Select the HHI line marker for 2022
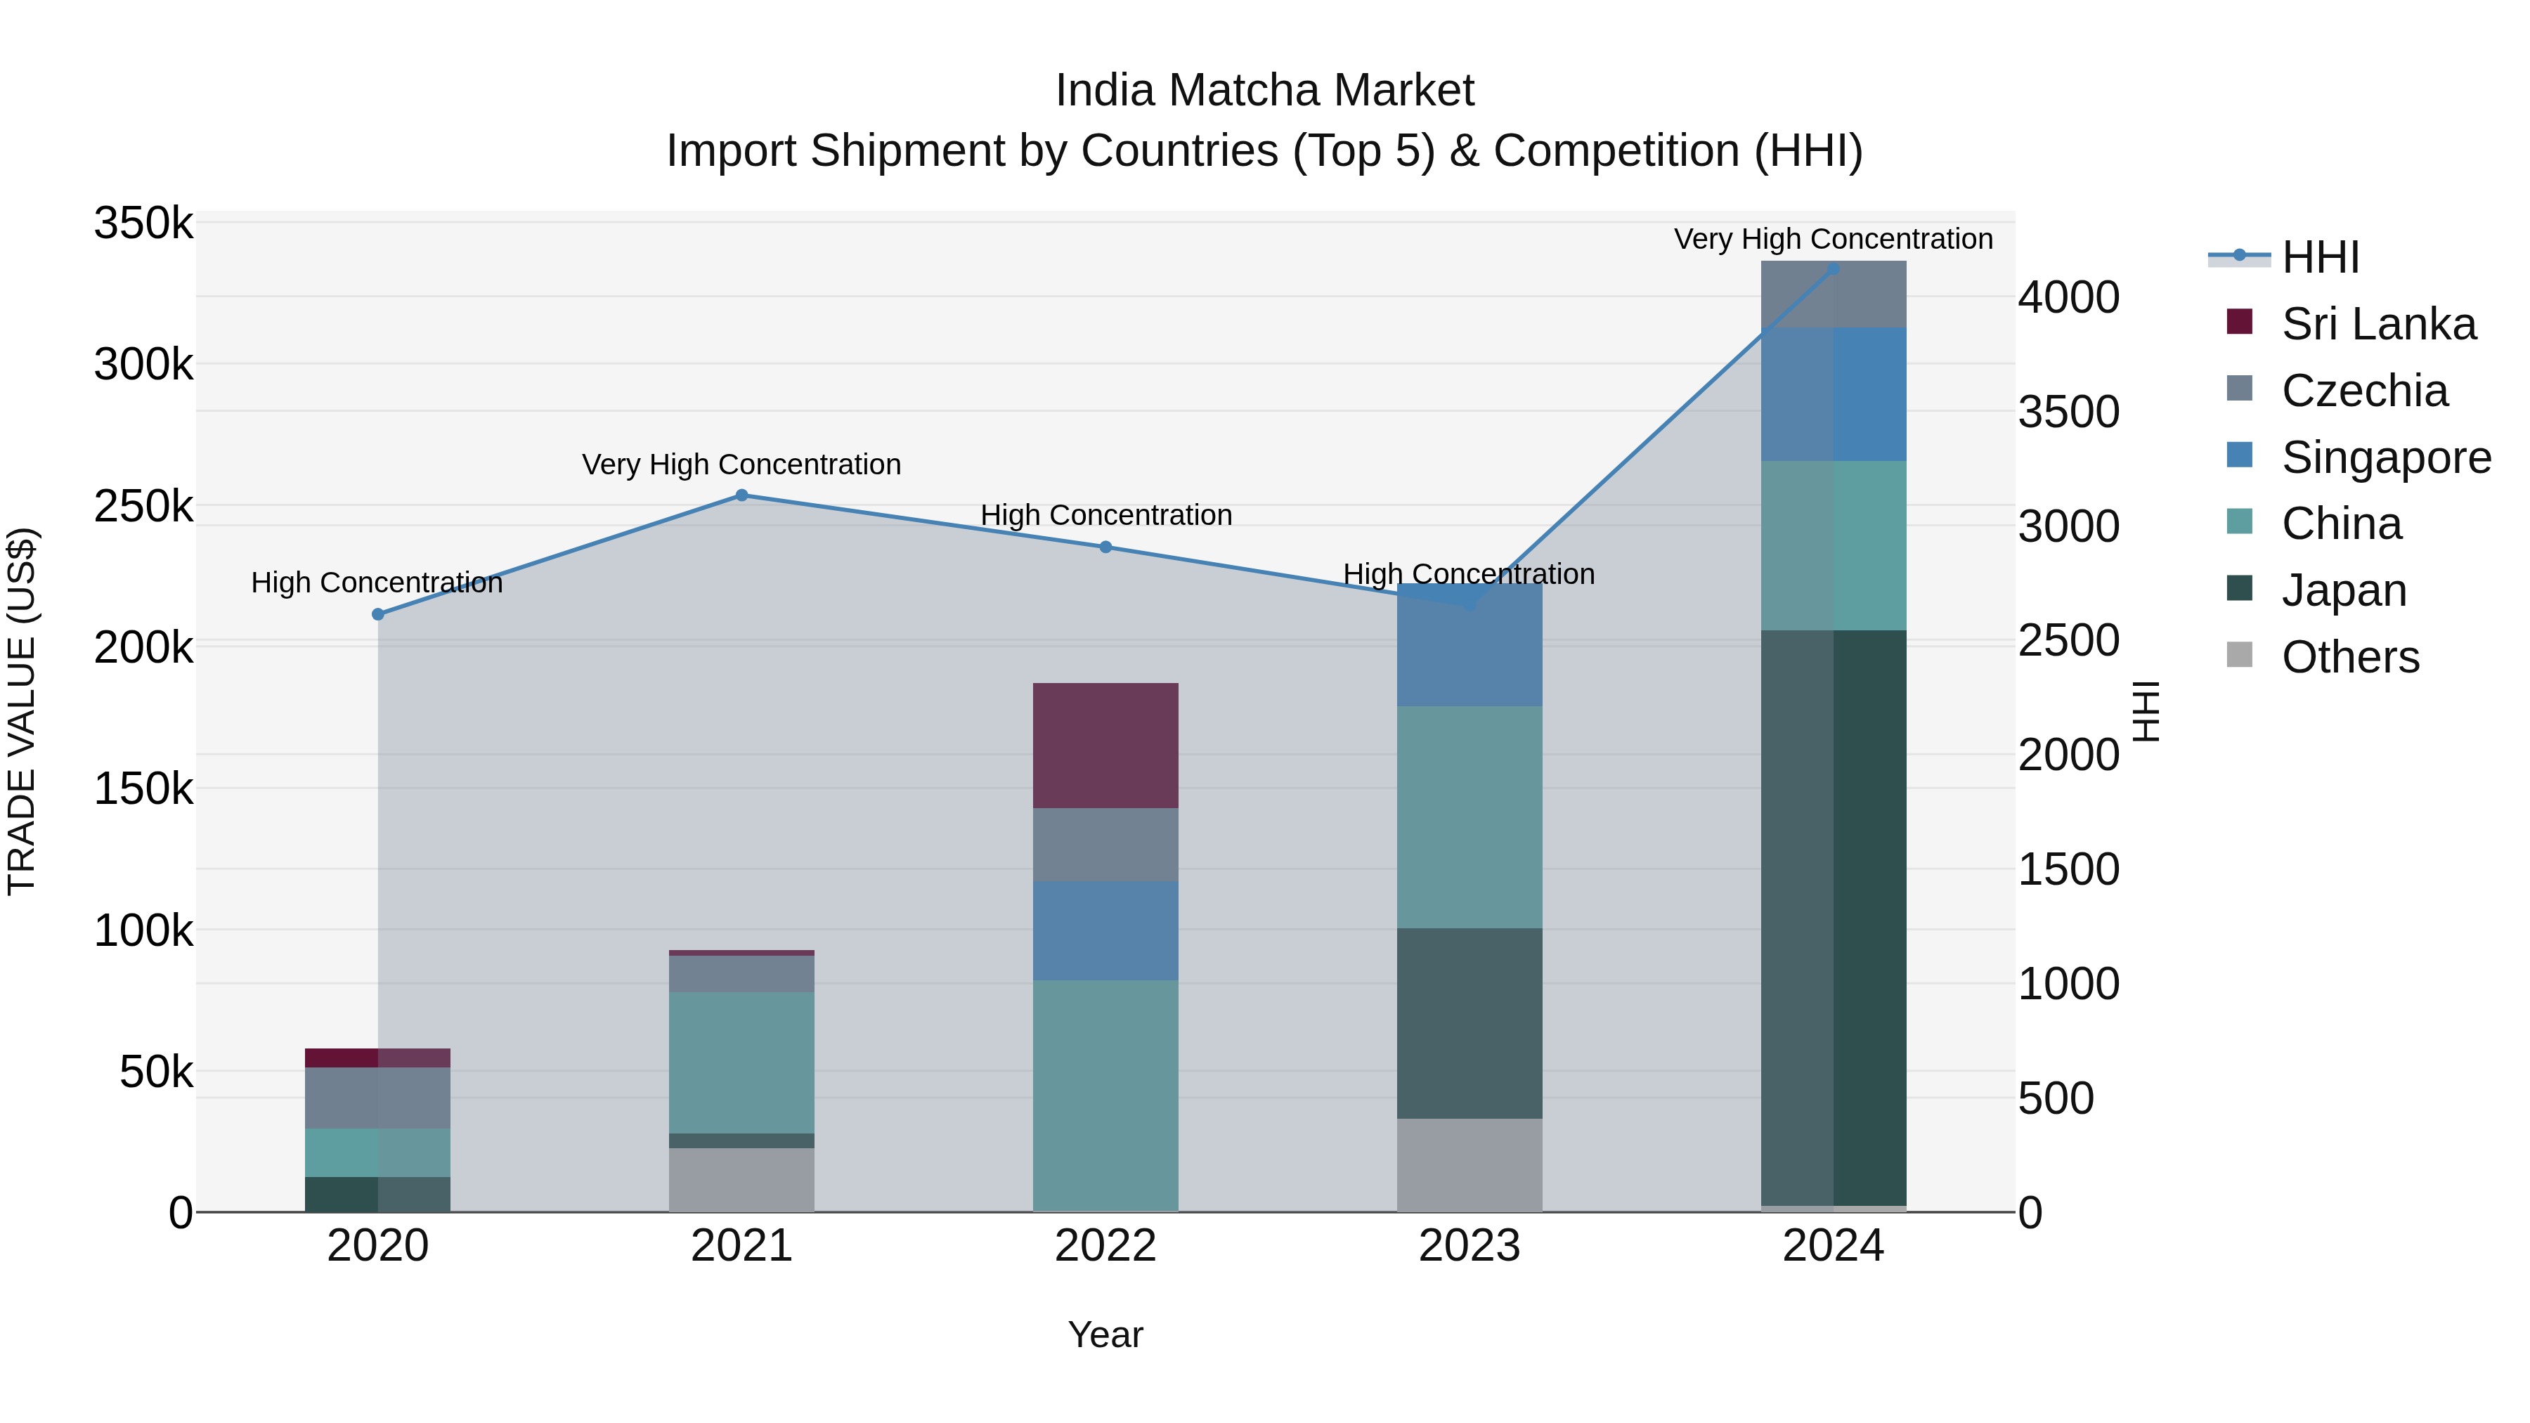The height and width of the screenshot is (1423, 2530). [x=1105, y=547]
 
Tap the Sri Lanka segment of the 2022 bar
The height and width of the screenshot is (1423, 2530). [x=1105, y=746]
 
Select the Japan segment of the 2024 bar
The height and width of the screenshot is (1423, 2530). [x=1833, y=918]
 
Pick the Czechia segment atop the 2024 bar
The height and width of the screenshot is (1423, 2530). [x=1833, y=294]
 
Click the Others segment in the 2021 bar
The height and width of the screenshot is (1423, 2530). [x=741, y=1179]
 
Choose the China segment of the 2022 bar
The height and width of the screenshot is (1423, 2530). [x=1105, y=1095]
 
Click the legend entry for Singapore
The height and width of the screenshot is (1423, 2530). [x=2386, y=457]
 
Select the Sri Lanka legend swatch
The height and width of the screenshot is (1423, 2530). [x=2239, y=322]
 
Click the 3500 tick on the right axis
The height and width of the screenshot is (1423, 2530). [x=2068, y=412]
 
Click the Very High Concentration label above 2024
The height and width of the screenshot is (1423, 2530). [x=1833, y=240]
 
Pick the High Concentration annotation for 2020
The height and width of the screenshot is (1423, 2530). [x=377, y=583]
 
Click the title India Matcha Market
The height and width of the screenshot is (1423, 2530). [x=1264, y=91]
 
